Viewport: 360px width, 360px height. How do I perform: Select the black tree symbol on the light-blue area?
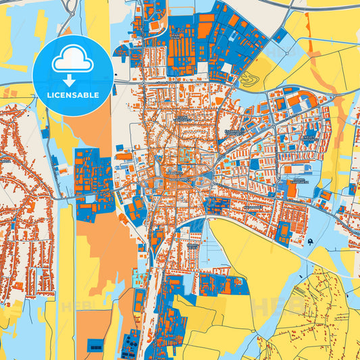(310, 241)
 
